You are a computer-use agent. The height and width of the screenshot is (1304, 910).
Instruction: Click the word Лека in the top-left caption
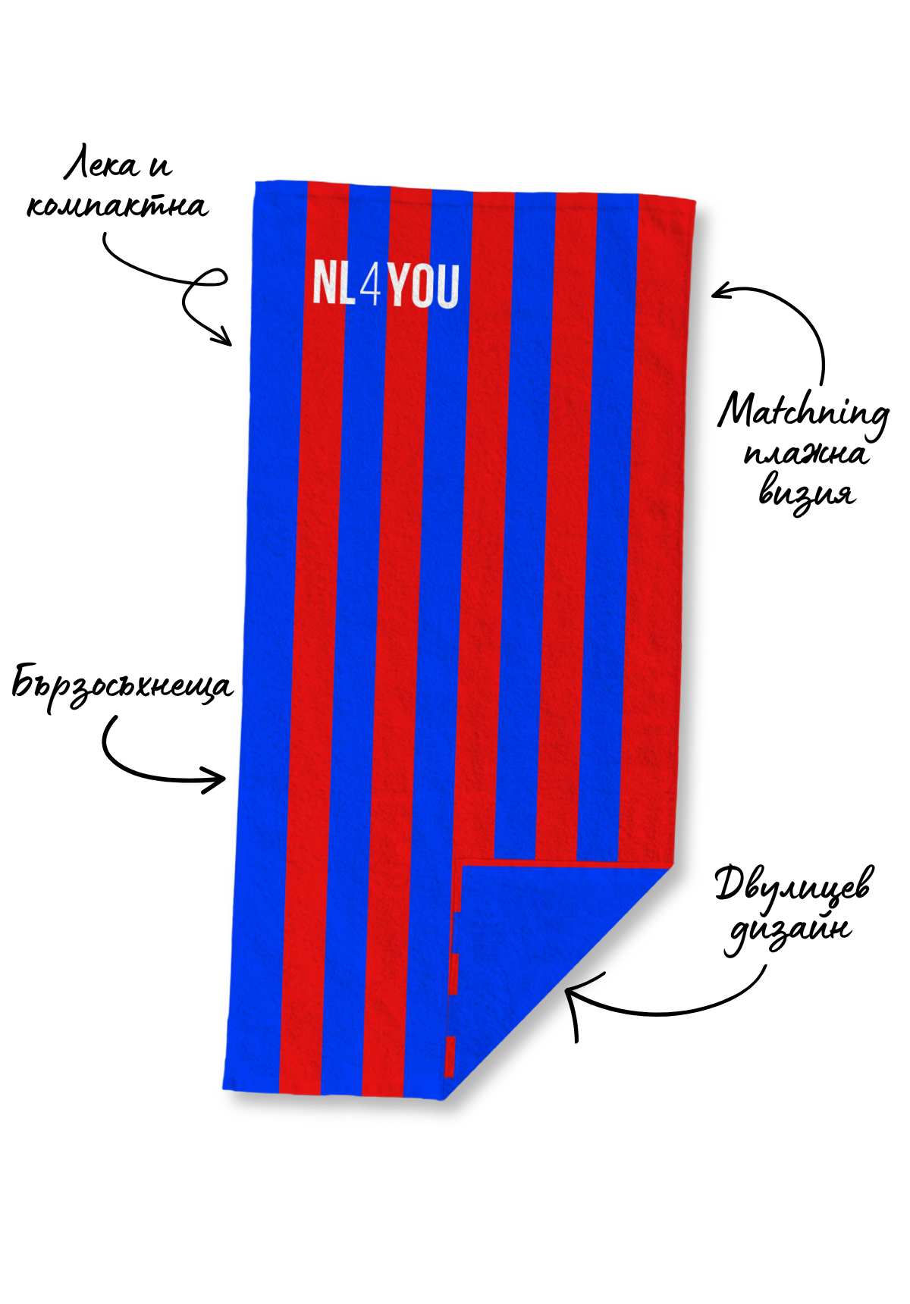point(101,165)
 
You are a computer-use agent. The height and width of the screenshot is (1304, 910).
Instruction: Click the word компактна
point(118,205)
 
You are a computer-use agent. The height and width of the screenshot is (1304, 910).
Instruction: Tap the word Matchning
point(804,414)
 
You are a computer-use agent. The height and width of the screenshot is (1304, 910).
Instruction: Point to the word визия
point(807,494)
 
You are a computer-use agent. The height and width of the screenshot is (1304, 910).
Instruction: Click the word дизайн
point(789,931)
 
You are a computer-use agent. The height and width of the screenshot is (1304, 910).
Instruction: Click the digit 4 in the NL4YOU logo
point(371,286)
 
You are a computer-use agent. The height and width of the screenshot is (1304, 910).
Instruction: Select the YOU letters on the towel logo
point(425,286)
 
